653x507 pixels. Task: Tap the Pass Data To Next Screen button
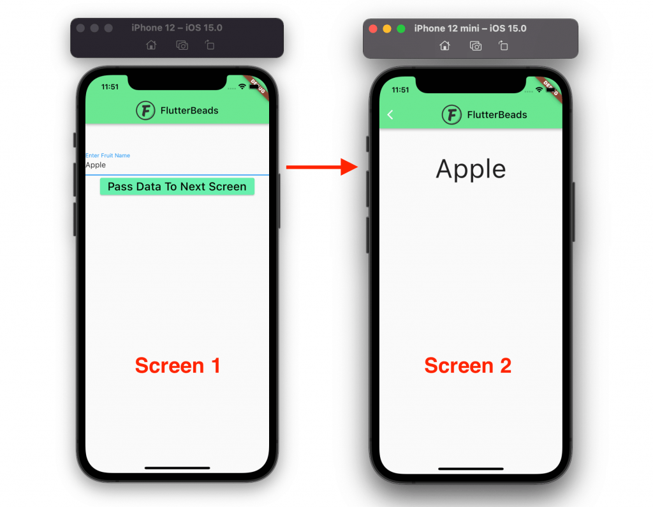[x=177, y=186]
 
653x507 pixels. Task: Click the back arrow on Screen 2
[x=390, y=114]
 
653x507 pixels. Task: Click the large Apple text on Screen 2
[x=471, y=169]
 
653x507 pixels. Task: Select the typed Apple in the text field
[x=96, y=165]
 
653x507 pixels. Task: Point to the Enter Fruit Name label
[x=108, y=155]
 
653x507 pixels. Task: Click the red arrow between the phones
[x=319, y=167]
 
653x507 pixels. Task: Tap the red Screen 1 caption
[x=177, y=365]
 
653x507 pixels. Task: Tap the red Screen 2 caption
[x=467, y=365]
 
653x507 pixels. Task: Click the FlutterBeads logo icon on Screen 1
[x=145, y=110]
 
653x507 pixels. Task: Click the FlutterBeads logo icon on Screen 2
[x=451, y=115]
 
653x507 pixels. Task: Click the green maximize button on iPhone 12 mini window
[x=401, y=29]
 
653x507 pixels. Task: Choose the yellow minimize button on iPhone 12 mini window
[x=387, y=29]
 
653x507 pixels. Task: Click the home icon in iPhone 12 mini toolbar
[x=444, y=45]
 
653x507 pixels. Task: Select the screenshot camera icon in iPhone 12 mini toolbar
[x=475, y=45]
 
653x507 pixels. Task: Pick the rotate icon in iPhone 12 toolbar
[x=210, y=45]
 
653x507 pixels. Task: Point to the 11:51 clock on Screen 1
[x=110, y=87]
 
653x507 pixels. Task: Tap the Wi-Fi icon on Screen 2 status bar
[x=539, y=90]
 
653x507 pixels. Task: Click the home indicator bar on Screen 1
[x=177, y=468]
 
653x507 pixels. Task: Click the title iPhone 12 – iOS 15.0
[x=177, y=28]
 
